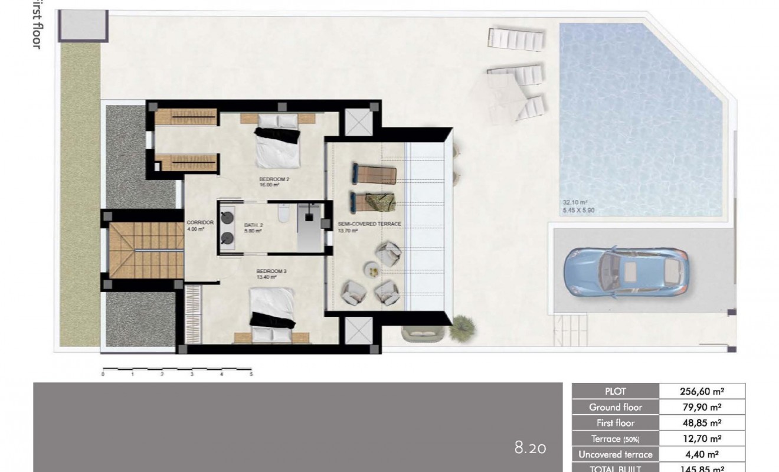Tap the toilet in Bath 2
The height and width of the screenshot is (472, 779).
282,214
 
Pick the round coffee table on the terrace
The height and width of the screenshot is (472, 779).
373,270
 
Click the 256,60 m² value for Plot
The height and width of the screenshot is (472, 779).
702,391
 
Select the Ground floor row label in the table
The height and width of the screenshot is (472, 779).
615,407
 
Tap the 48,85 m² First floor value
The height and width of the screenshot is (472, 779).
702,423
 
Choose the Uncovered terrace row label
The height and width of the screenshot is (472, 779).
615,454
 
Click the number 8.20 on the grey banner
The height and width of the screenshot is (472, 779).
531,448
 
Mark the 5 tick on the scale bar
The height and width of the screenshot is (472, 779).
251,373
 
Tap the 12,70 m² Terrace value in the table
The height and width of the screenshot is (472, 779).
702,439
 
